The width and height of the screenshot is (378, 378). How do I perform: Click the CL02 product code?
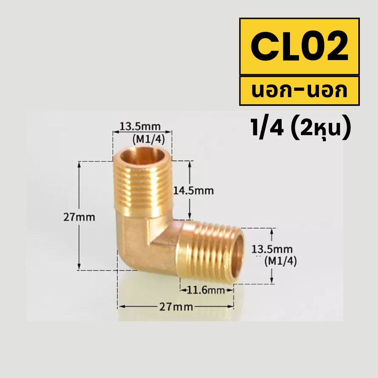[299, 46]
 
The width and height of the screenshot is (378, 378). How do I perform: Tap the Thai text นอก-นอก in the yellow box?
[299, 91]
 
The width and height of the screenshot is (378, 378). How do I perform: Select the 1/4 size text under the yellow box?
[267, 128]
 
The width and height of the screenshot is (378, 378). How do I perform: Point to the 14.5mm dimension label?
[194, 191]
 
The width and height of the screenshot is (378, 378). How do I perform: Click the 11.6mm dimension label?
[206, 290]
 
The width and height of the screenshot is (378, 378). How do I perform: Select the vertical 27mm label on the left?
[79, 217]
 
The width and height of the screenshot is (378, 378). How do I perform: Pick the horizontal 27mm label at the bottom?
[176, 307]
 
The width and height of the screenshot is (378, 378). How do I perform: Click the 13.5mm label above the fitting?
[140, 126]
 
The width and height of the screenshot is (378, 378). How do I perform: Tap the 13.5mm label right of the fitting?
[272, 249]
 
